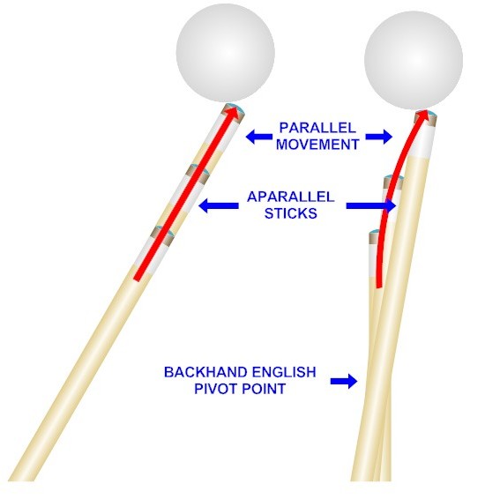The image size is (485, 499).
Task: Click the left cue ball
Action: (226, 53)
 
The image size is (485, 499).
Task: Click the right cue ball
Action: (414, 61)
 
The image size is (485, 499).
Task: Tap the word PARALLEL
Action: (317, 128)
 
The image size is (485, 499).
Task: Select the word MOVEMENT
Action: (317, 145)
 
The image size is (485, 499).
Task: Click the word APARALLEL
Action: (290, 197)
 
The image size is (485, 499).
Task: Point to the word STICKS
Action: (290, 213)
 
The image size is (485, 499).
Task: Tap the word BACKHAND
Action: (205, 372)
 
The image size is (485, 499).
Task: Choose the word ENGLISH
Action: (284, 372)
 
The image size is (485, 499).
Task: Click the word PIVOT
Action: (215, 389)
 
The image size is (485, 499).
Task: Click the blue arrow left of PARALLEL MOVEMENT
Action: (259, 137)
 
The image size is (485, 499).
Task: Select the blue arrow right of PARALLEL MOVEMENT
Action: (378, 137)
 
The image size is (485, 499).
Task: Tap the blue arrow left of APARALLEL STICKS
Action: (219, 205)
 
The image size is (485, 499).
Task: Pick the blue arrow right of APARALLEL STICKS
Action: (371, 205)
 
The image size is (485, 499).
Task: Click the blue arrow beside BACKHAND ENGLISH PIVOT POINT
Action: (344, 381)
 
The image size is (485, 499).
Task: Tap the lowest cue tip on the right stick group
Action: (375, 236)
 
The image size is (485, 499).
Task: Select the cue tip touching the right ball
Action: (426, 116)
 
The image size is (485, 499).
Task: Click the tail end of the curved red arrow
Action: (378, 287)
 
